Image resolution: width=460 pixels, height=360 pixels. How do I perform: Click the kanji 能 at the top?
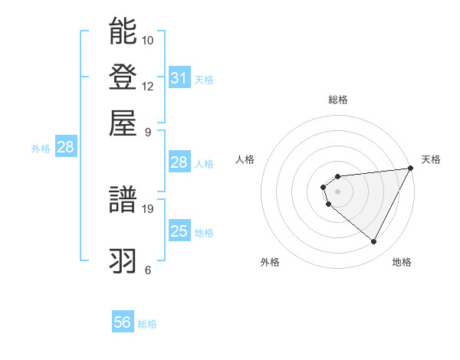coord(123,31)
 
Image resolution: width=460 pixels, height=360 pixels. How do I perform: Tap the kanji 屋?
coord(123,123)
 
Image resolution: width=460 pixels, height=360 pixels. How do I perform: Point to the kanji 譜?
coord(123,200)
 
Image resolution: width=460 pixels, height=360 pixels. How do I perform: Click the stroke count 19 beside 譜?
coord(148,208)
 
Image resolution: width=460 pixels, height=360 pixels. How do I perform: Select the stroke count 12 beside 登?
coord(148,86)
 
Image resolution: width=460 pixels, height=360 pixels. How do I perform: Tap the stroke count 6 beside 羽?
coord(148,270)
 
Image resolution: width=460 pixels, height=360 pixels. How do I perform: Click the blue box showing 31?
coord(179,78)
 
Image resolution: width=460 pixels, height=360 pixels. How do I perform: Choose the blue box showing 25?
coord(179,231)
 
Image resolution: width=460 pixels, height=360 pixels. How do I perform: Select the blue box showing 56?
coord(123,322)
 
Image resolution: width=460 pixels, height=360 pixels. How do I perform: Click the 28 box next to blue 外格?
coord(65,148)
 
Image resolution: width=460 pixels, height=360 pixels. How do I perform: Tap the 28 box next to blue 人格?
coord(179,162)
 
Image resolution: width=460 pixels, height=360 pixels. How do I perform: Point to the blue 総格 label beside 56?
coord(148,324)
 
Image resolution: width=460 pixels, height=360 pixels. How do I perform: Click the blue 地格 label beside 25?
coord(204,233)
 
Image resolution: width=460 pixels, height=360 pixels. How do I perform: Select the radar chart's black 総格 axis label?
coord(337,100)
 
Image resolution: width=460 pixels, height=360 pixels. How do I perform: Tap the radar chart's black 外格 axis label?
coord(270,262)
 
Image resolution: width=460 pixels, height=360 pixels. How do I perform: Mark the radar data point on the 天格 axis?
coord(410,169)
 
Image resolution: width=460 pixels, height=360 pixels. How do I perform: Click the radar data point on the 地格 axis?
coord(374,242)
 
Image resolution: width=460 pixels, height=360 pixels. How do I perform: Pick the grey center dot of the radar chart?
coord(337,191)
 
